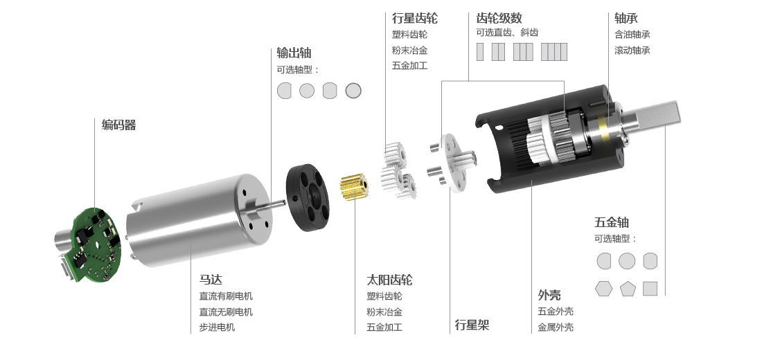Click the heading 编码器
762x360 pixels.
coord(118,125)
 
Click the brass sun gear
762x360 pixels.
coord(352,188)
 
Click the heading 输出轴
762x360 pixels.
coord(294,53)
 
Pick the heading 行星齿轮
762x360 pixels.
coord(414,18)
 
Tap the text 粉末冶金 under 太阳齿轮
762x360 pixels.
coord(384,312)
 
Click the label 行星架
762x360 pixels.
coord(472,325)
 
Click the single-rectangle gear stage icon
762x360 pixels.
coord(480,52)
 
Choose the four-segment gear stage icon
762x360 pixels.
coord(553,52)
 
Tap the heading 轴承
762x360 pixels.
coord(626,18)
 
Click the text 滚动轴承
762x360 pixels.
coord(632,50)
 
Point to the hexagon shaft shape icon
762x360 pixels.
coord(603,289)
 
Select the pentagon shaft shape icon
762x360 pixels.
coord(628,289)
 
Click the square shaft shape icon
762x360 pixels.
coord(650,289)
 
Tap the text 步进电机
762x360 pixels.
coord(217,327)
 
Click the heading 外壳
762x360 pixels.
coord(549,294)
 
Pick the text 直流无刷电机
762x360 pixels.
coord(226,312)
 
